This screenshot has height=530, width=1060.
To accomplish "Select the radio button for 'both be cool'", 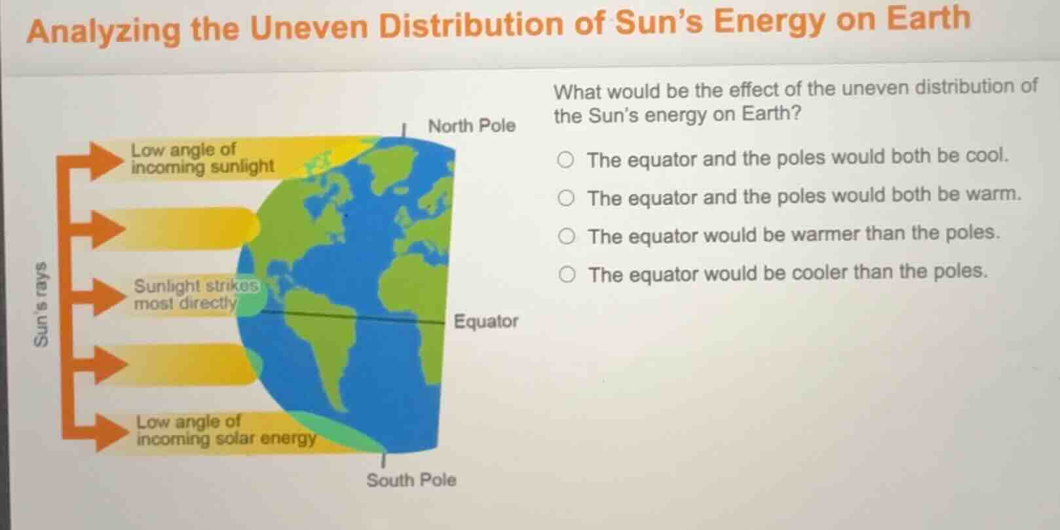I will [x=566, y=160].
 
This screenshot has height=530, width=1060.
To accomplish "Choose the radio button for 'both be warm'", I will [x=566, y=198].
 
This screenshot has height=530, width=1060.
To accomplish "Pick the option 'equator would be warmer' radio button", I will [x=567, y=236].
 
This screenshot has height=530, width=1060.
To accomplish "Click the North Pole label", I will [x=471, y=125].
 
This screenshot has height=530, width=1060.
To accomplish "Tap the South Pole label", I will [x=411, y=480].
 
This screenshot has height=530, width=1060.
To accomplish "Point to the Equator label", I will [x=485, y=322].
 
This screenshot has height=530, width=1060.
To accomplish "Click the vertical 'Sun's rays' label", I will [x=42, y=304].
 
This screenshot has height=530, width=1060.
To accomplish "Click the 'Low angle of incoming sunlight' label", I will [x=202, y=159].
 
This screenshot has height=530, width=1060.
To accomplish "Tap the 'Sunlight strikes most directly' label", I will [x=195, y=295].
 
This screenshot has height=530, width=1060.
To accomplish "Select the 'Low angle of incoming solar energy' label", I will [x=225, y=430].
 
